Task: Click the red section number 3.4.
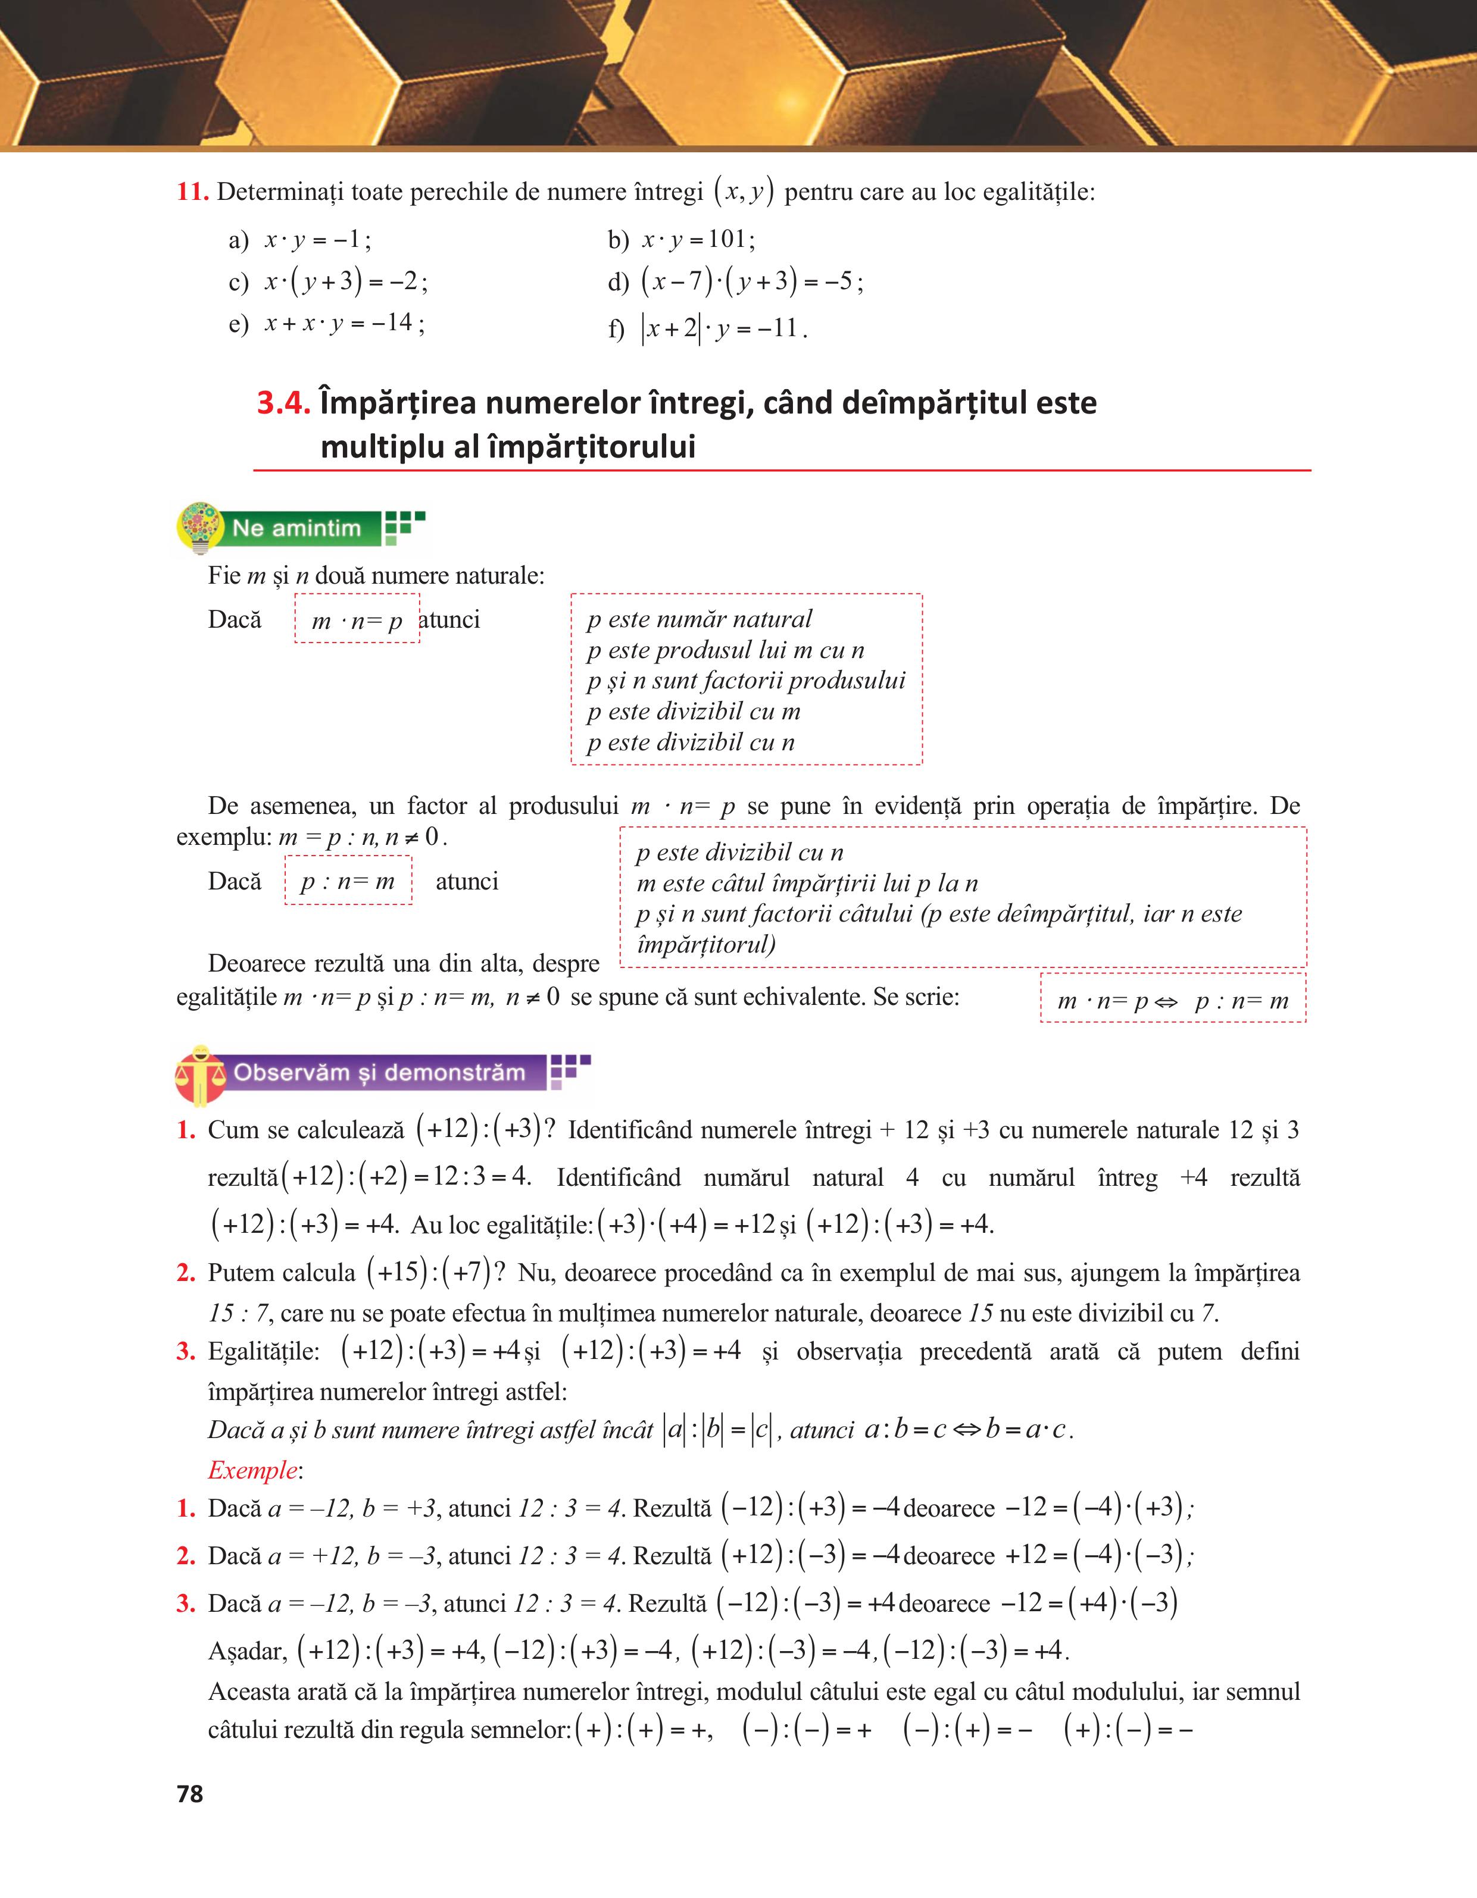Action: click(x=283, y=403)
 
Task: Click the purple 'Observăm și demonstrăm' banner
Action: click(x=379, y=1072)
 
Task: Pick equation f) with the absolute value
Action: click(x=708, y=328)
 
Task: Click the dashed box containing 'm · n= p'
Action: click(x=357, y=619)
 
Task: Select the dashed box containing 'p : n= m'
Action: click(x=348, y=881)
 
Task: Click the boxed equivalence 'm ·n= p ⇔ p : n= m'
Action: click(x=1173, y=1000)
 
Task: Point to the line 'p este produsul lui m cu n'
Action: click(x=726, y=650)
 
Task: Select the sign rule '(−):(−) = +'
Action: click(x=807, y=1730)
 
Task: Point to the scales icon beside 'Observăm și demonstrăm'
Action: click(x=200, y=1074)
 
